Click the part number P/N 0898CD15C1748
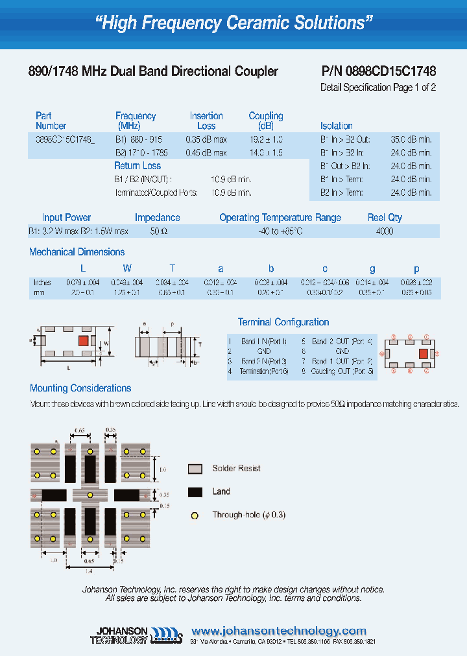379,71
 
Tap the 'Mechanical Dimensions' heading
77,252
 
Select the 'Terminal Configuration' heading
283,322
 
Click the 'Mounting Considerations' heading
80,388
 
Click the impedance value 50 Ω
158,231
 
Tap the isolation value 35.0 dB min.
411,139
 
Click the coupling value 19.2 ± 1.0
266,139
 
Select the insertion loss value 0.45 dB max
206,153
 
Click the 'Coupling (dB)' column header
266,121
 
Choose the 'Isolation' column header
337,126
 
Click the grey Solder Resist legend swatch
195,469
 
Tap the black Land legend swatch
195,492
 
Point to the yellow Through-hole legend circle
195,515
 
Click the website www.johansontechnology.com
279,631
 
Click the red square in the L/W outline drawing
83,340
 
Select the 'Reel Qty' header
386,218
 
